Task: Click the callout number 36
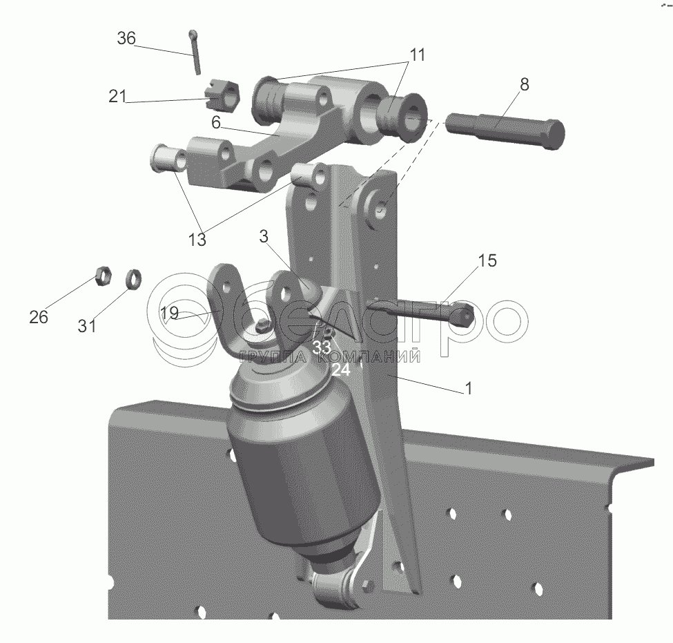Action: tap(126, 39)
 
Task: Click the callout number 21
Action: tap(117, 96)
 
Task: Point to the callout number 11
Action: tap(417, 55)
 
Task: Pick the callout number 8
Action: tap(525, 85)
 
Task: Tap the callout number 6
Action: tap(216, 122)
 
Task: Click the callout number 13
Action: tap(197, 239)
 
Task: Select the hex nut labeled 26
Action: tap(103, 276)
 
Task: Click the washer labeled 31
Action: tap(133, 279)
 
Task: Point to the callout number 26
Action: tap(39, 317)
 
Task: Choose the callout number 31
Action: tap(87, 325)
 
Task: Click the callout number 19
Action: tap(169, 313)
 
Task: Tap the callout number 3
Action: tap(264, 236)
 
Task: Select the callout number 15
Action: tap(487, 260)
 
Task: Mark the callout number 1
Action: tap(469, 388)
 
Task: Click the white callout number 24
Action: tap(341, 370)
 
